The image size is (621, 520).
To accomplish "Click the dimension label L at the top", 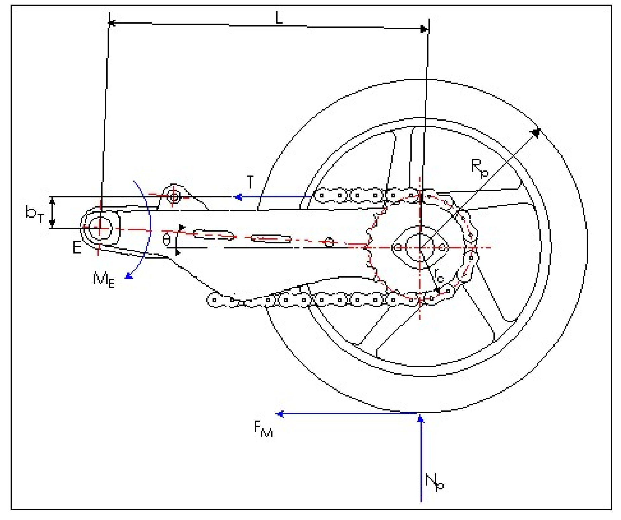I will click(279, 18).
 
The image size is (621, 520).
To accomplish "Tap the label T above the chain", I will click(250, 182).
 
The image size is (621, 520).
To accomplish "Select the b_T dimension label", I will click(34, 213).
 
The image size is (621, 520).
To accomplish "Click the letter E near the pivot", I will click(77, 248).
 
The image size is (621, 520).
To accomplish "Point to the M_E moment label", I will click(103, 279).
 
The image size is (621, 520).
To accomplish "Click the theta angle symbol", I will click(166, 240).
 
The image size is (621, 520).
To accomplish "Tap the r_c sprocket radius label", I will click(438, 275).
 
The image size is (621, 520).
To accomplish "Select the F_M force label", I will click(263, 429).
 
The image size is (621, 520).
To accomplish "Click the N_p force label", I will click(434, 482).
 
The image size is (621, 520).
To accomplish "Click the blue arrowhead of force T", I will click(238, 197).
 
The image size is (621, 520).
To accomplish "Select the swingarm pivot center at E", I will click(99, 228).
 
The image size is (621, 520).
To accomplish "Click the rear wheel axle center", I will click(420, 248).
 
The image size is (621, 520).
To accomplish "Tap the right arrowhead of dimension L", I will click(425, 29).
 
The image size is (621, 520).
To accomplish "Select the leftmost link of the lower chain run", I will click(214, 300).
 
